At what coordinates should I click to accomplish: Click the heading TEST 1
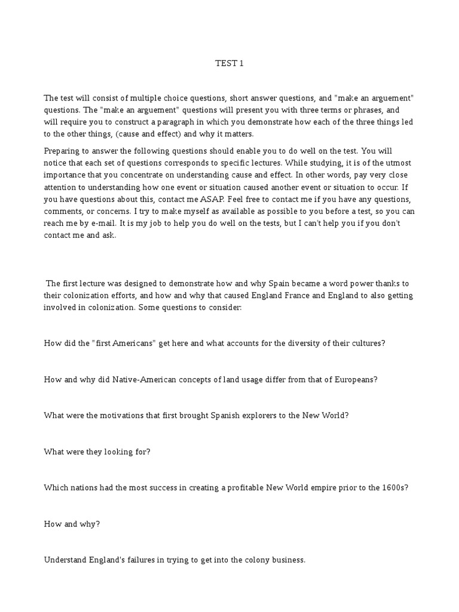point(229,63)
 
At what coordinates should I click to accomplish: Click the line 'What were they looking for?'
point(97,451)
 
